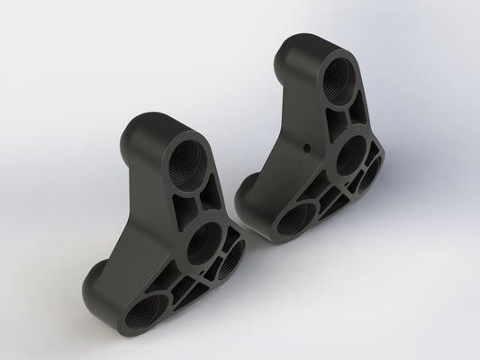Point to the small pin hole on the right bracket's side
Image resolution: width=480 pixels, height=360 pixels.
pos(307,144)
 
